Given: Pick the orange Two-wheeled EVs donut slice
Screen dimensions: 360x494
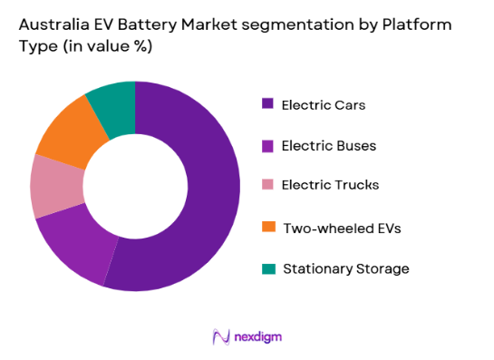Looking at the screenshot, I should coord(69,136).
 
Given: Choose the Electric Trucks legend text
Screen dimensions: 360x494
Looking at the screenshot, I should coord(331,185).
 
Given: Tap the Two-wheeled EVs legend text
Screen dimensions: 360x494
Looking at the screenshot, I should coord(341,228).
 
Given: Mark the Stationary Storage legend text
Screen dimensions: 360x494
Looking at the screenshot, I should coord(345,268).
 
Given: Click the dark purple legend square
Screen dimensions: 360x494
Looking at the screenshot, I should coord(267,103).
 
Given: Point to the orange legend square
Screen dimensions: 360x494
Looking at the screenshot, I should coord(267,227).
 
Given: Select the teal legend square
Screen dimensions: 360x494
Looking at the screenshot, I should coord(267,268).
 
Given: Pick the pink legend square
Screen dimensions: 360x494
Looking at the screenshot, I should coord(267,185).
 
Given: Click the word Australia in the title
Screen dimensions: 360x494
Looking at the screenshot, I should coord(51,27).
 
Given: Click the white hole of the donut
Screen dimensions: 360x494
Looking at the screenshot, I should coord(135,186).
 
